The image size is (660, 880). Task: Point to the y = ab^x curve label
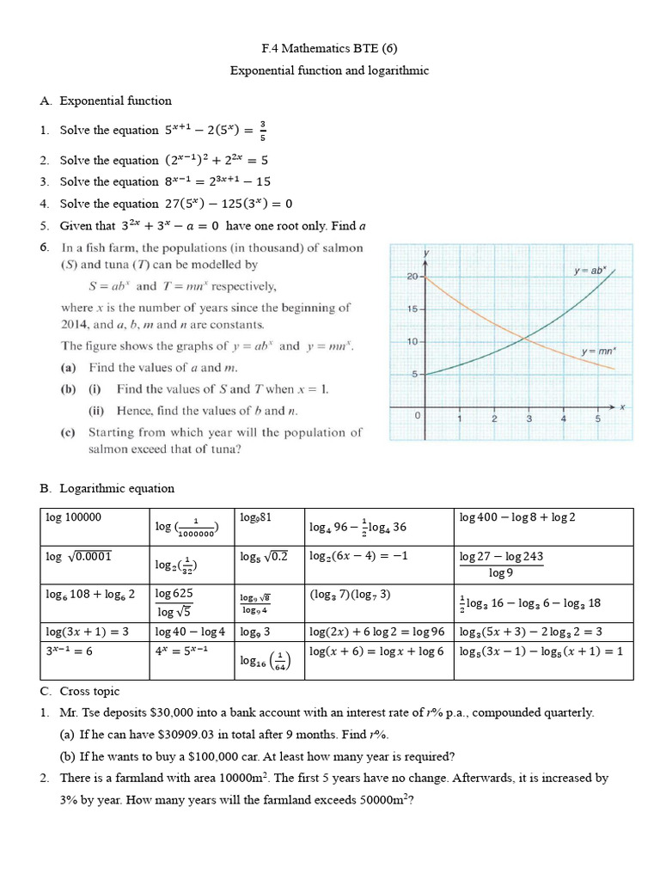tap(589, 271)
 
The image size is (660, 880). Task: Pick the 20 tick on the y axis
tap(412, 277)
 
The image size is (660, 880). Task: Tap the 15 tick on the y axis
tap(412, 309)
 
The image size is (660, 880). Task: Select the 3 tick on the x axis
tap(529, 419)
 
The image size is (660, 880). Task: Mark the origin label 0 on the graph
tap(418, 416)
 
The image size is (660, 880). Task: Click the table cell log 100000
tap(74, 517)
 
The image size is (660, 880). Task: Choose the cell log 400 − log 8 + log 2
tap(517, 517)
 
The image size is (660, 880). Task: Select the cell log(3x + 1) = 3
tap(87, 632)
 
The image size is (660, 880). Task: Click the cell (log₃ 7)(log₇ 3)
tap(350, 595)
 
